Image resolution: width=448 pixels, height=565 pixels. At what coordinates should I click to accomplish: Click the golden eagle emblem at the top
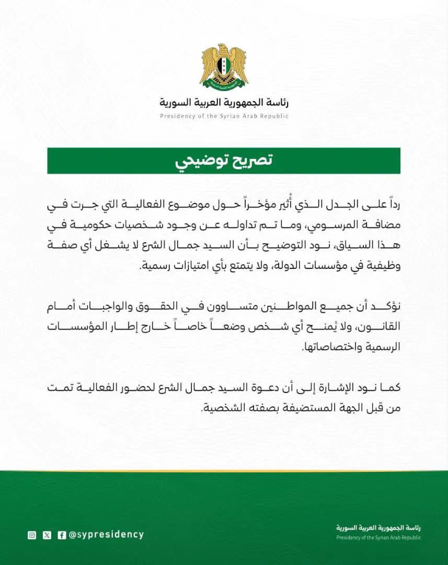[224, 66]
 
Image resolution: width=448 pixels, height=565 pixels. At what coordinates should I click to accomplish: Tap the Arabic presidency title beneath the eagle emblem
[224, 101]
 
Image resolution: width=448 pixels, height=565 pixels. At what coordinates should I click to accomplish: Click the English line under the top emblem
[224, 116]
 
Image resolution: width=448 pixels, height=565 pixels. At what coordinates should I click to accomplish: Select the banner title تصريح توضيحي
[224, 161]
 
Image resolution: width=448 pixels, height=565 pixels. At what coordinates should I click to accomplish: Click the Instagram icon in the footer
[32, 535]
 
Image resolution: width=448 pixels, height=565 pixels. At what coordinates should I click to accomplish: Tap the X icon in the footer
[47, 535]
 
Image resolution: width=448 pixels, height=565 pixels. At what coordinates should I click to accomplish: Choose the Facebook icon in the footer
[62, 535]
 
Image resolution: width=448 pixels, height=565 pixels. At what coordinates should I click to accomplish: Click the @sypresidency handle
[106, 535]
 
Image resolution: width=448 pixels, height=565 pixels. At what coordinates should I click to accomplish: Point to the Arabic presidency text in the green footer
[378, 528]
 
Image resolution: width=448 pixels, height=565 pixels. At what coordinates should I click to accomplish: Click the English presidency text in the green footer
[378, 537]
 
